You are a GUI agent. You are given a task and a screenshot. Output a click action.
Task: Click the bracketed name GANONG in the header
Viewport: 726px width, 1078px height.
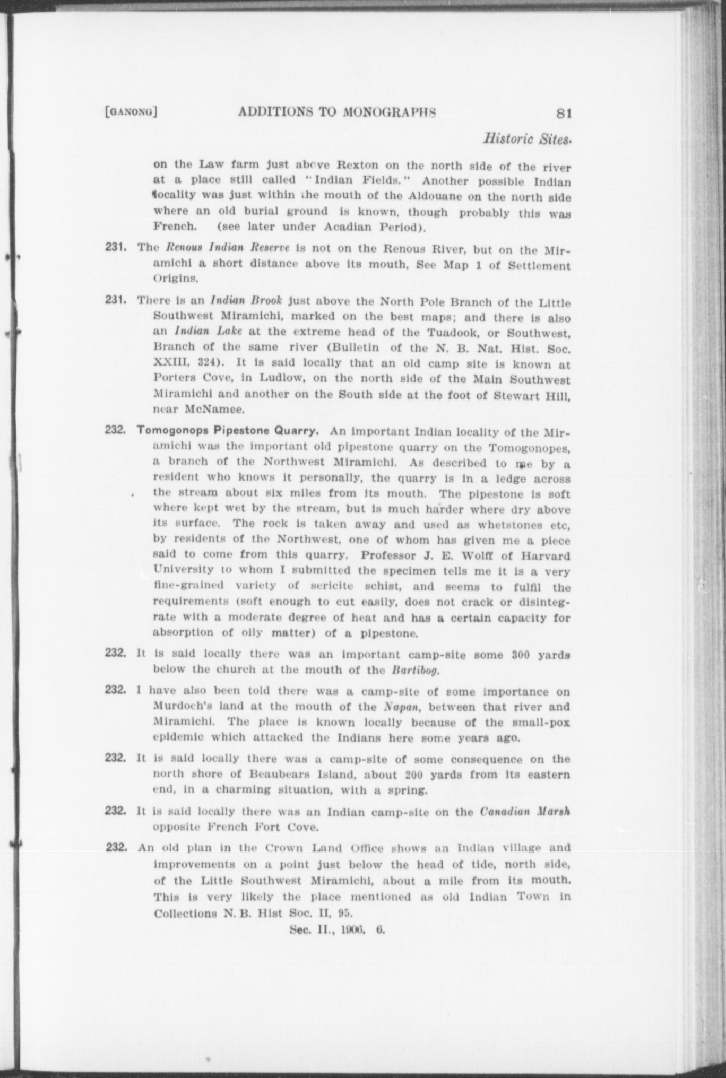click(132, 112)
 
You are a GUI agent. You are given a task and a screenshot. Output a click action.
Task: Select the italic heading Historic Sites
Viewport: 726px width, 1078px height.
click(526, 140)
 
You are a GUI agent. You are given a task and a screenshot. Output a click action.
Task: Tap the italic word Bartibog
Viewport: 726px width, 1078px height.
click(414, 670)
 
